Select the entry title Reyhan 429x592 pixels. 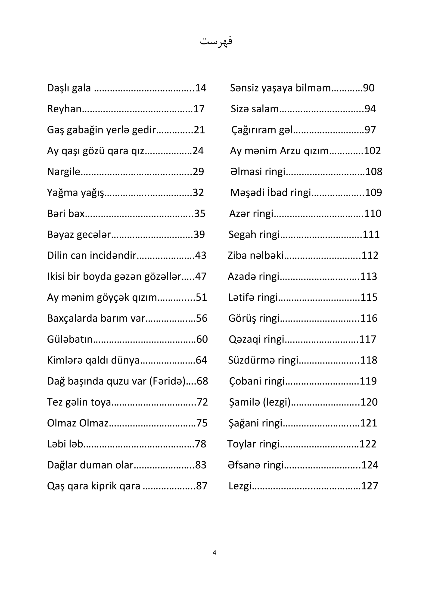click(64, 109)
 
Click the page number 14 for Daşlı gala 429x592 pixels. click(201, 88)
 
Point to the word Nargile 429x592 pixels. click(63, 172)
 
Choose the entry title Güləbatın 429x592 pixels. click(70, 339)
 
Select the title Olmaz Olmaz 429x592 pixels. click(78, 423)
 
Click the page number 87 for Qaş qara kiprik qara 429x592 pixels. click(202, 486)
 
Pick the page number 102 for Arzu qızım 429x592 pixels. click(372, 151)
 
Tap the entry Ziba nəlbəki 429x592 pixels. click(255, 256)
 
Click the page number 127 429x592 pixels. click(370, 486)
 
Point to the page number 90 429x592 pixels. click(369, 88)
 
